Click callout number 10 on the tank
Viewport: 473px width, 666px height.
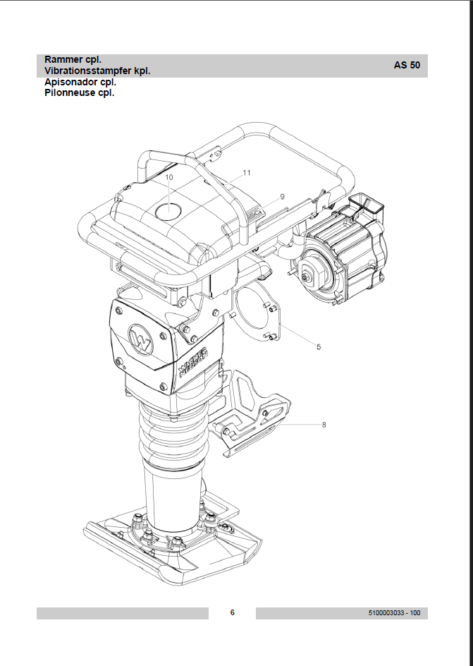[x=169, y=177]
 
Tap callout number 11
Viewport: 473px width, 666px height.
[x=247, y=172]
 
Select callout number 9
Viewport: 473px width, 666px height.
[x=282, y=197]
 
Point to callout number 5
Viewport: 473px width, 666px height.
[x=319, y=347]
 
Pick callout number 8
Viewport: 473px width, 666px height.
[x=324, y=425]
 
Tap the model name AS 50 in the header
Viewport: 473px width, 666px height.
[x=407, y=65]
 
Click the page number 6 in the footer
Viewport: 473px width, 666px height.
[x=232, y=612]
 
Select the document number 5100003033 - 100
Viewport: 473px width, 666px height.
[x=395, y=613]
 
